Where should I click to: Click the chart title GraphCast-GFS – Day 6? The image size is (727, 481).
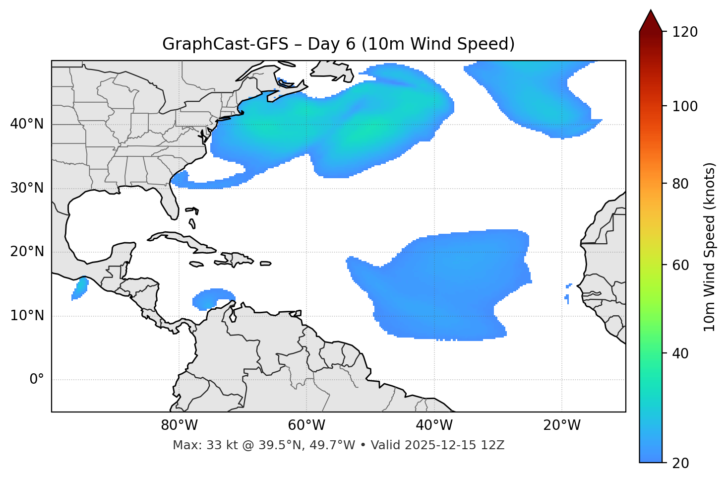pyautogui.click(x=338, y=44)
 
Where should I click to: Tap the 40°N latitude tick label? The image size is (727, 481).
pyautogui.click(x=27, y=124)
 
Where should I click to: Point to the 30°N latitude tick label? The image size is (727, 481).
pyautogui.click(x=27, y=188)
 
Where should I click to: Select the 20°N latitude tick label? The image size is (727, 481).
pyautogui.click(x=27, y=252)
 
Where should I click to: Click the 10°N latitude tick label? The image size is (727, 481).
pyautogui.click(x=27, y=316)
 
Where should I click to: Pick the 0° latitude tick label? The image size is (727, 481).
pyautogui.click(x=37, y=380)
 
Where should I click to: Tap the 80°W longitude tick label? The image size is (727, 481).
pyautogui.click(x=179, y=425)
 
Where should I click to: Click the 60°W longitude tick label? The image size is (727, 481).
pyautogui.click(x=306, y=425)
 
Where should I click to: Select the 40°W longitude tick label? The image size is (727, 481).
pyautogui.click(x=434, y=425)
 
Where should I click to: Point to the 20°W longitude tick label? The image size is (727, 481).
pyautogui.click(x=561, y=425)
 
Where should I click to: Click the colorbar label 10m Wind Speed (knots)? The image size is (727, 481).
pyautogui.click(x=710, y=247)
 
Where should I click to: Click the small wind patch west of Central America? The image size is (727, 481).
pyautogui.click(x=80, y=288)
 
